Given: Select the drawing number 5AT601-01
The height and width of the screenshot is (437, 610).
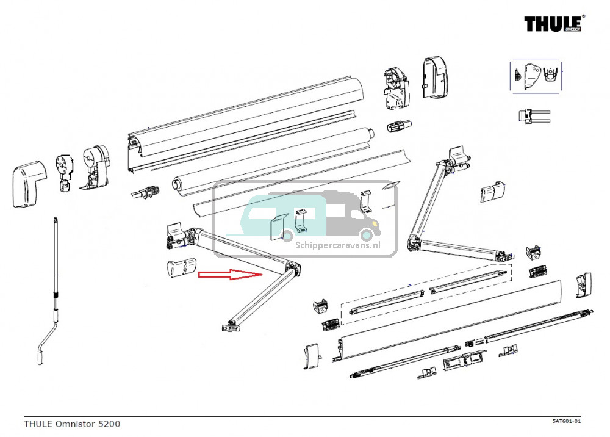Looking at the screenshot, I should pyautogui.click(x=567, y=421).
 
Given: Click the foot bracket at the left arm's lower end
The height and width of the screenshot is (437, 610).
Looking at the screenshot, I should pyautogui.click(x=231, y=327).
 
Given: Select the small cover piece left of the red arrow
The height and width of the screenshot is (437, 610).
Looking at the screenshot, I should pyautogui.click(x=181, y=269).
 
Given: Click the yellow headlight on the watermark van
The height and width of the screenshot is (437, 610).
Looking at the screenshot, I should pyautogui.click(x=367, y=234).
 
